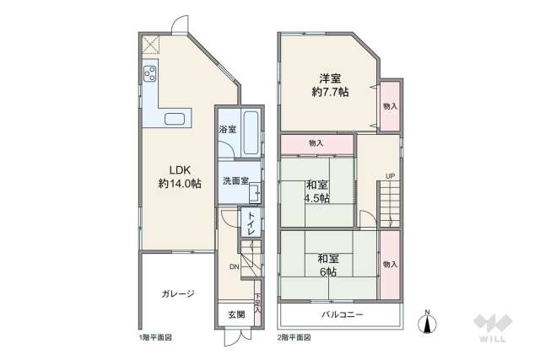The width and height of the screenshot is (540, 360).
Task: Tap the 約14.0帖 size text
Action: (178, 183)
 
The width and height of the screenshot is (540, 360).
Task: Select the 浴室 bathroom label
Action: (227, 130)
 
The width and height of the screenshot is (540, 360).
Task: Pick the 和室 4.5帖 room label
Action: (317, 191)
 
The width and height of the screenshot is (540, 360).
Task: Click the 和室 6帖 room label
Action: (327, 266)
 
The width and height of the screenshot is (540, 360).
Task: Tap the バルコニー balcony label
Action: (342, 314)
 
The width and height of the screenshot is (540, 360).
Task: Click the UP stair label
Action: (390, 176)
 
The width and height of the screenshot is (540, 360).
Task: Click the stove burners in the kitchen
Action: (149, 74)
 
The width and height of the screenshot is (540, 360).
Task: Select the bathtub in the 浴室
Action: (250, 132)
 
